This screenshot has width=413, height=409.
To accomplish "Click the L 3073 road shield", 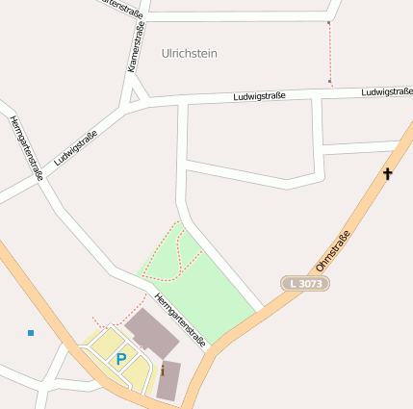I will (x=305, y=284).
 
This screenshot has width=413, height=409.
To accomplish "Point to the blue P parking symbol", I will (x=121, y=359).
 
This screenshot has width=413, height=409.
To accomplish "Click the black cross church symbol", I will (x=388, y=174).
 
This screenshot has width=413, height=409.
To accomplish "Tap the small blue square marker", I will (x=31, y=333).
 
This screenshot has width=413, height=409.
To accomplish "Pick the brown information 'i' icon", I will (x=163, y=370).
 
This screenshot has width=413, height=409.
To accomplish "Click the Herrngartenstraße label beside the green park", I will (x=180, y=320).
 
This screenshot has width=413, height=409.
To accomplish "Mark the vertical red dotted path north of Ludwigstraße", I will (x=329, y=53).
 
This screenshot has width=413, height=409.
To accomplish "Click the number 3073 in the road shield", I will (x=310, y=284).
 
